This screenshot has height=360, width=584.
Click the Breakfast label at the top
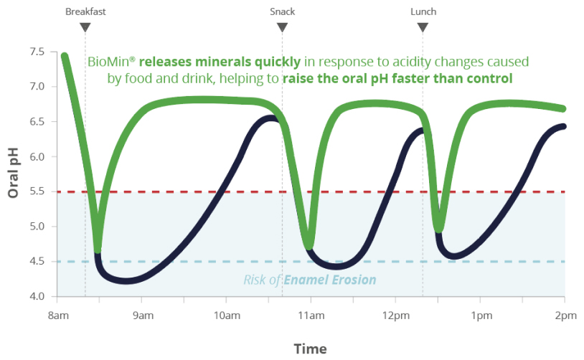click(x=85, y=11)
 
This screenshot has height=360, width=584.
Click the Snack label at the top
click(x=282, y=11)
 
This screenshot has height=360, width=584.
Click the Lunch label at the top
click(x=423, y=11)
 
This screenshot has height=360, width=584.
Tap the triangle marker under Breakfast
click(x=85, y=27)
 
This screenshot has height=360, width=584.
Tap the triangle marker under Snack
click(x=282, y=27)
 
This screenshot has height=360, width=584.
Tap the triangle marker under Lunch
click(x=423, y=27)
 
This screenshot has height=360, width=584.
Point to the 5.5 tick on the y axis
click(x=37, y=191)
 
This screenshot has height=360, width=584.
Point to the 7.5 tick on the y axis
click(x=37, y=52)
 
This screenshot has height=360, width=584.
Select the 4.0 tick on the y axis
click(x=37, y=296)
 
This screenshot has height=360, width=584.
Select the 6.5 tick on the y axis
click(x=37, y=122)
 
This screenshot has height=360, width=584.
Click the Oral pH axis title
click(x=13, y=174)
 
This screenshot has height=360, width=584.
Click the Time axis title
click(x=310, y=349)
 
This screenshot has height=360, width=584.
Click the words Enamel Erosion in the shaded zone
click(x=329, y=280)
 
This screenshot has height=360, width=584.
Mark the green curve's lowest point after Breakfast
click(x=98, y=249)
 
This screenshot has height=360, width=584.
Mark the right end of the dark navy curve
click(x=563, y=126)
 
